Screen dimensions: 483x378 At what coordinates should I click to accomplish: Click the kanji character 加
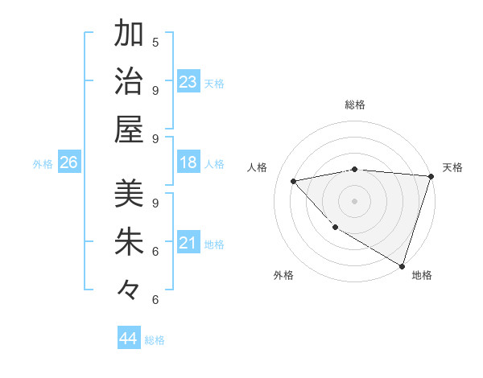(129, 35)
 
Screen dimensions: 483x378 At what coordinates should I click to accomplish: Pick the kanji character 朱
(129, 240)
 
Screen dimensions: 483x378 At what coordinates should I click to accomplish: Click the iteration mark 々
(129, 288)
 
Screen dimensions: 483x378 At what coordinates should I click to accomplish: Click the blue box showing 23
(188, 81)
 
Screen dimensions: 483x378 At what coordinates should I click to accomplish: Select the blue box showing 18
(188, 162)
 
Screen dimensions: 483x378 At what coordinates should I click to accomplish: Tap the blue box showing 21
(188, 243)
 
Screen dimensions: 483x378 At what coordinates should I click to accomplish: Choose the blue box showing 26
(68, 163)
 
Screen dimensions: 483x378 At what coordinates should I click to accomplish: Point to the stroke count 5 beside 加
(155, 42)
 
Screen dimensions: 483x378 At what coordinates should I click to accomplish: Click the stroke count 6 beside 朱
(155, 251)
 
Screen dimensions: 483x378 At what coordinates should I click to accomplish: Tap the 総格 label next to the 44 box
(155, 340)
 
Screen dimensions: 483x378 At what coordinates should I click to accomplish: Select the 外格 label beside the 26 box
(43, 164)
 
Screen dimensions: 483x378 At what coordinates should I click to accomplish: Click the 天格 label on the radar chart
(452, 167)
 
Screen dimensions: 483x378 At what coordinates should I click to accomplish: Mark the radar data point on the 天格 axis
(431, 176)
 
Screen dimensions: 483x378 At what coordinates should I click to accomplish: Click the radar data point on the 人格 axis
(294, 181)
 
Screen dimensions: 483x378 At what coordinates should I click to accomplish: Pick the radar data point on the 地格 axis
(401, 265)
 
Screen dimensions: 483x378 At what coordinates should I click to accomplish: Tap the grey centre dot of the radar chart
(354, 200)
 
